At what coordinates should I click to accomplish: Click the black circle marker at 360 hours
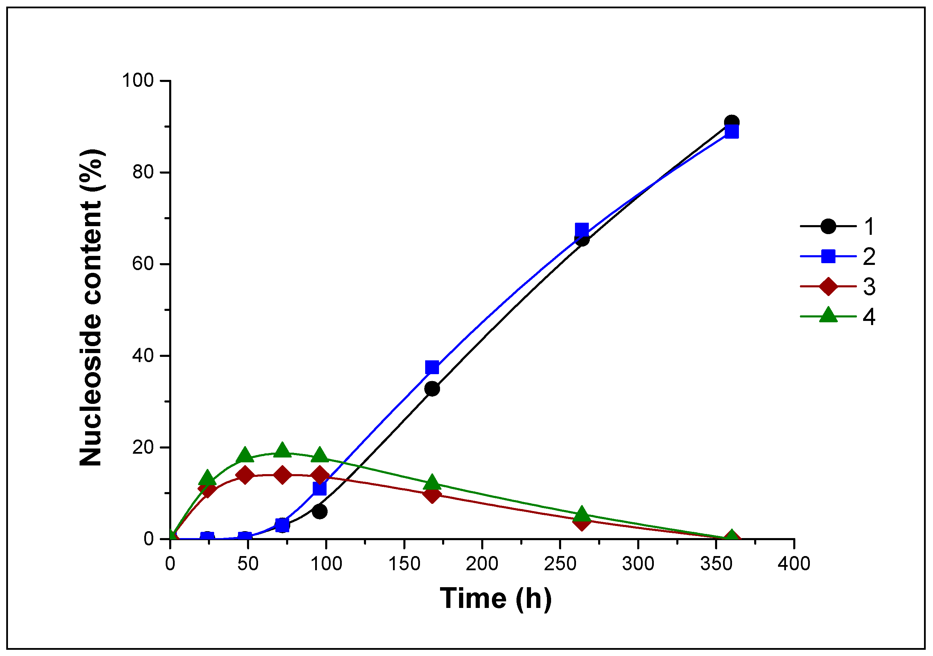(731, 122)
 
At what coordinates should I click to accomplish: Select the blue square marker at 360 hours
(731, 132)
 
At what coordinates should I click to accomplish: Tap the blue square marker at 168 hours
(432, 368)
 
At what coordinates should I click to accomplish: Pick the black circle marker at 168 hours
(432, 389)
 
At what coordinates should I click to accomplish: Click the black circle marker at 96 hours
(320, 511)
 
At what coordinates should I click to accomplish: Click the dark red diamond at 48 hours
(245, 475)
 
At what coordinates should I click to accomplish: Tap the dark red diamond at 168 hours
(432, 495)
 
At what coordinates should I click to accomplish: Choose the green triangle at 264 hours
(582, 514)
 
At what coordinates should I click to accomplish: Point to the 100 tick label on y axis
(138, 81)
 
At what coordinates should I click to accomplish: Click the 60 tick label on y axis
(143, 264)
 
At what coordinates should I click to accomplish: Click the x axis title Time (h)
(496, 598)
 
